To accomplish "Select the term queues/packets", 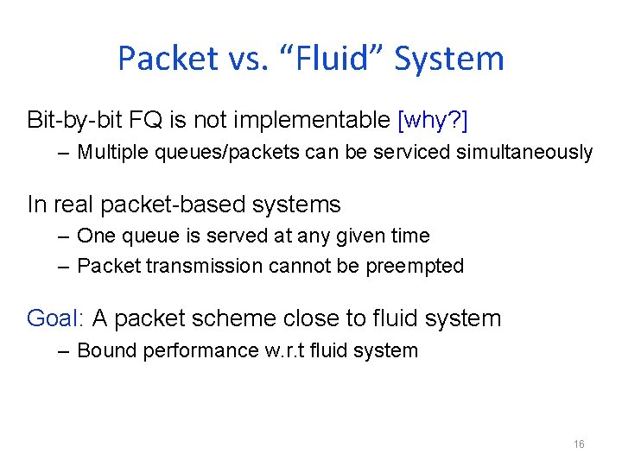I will tap(200, 153).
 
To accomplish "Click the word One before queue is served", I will tap(95, 236).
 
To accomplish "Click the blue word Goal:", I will tap(55, 318).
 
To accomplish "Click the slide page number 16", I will tap(579, 444).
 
